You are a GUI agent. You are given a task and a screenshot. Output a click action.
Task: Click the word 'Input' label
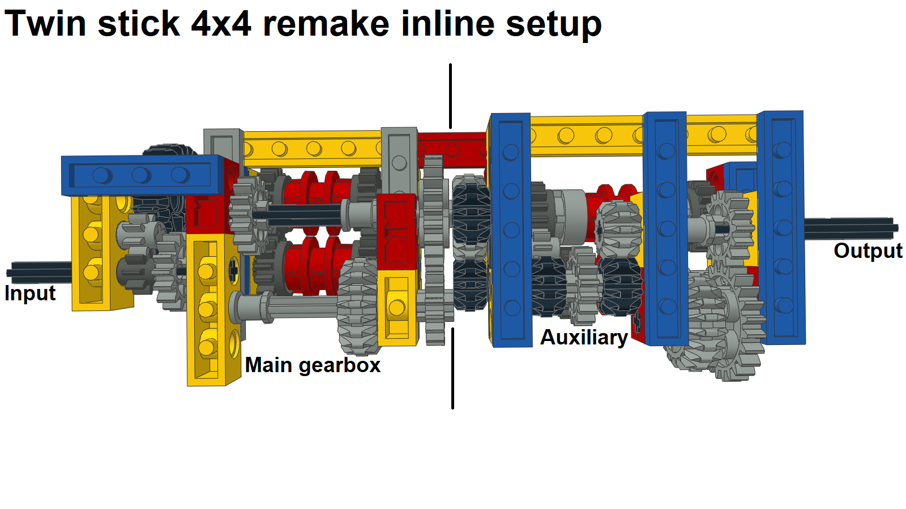pos(30,294)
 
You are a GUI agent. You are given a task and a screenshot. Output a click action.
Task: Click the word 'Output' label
pos(867,251)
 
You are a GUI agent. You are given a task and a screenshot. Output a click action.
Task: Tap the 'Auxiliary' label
pos(584,337)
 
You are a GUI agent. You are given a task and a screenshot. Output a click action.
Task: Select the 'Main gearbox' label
pos(313,365)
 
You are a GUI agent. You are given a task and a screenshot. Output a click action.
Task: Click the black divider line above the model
pos(451,96)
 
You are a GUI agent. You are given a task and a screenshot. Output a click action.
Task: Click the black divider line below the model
pos(452,368)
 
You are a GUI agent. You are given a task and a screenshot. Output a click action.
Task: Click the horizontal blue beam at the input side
pos(142,175)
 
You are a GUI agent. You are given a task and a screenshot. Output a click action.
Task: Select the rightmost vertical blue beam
pos(783,226)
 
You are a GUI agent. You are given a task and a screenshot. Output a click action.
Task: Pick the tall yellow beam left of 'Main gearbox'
pos(207,311)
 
